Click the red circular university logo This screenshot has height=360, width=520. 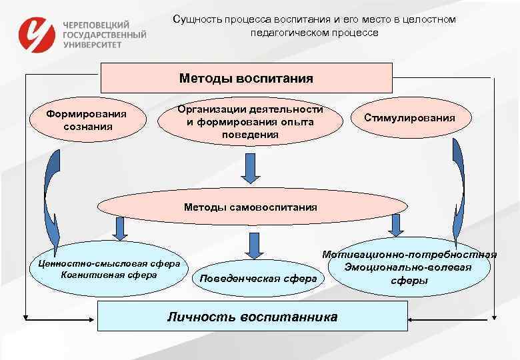pyautogui.click(x=37, y=34)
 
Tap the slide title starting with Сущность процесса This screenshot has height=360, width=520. pyautogui.click(x=314, y=25)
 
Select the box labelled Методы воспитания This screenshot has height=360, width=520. pyautogui.click(x=246, y=78)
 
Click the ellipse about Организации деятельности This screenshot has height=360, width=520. pyautogui.click(x=250, y=122)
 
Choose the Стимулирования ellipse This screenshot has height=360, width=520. pyautogui.click(x=409, y=118)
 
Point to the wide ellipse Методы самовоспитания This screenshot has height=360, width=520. pyautogui.click(x=250, y=207)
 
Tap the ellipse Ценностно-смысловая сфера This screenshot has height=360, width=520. pyautogui.click(x=109, y=269)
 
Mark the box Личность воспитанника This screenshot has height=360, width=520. pyautogui.click(x=252, y=316)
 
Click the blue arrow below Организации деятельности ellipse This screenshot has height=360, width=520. pyautogui.click(x=250, y=167)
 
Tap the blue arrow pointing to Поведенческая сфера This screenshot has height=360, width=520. pyautogui.click(x=253, y=245)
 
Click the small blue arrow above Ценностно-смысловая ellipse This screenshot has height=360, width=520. pyautogui.click(x=120, y=229)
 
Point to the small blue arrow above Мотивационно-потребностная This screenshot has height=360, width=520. pyautogui.click(x=396, y=225)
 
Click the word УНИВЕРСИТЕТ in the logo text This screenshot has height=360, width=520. pyautogui.click(x=93, y=44)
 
